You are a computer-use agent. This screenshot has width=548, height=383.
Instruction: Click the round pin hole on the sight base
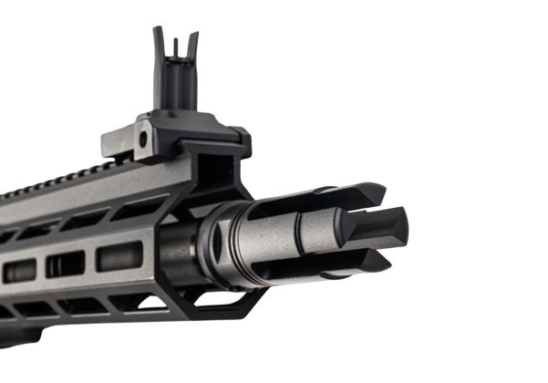coord(142,140)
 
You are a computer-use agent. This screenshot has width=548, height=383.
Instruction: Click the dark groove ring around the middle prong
coord(345,229)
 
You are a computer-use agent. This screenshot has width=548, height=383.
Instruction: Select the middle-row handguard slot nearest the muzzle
coord(119,256)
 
